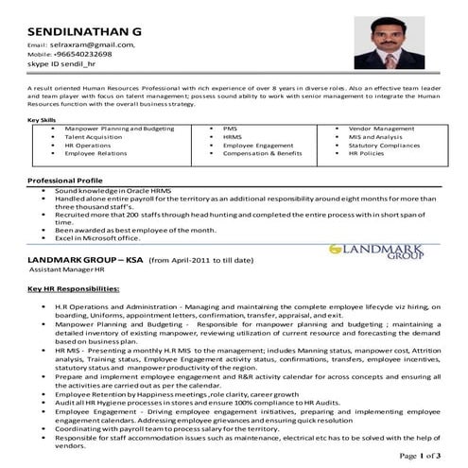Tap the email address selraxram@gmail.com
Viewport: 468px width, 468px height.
tap(91, 44)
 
